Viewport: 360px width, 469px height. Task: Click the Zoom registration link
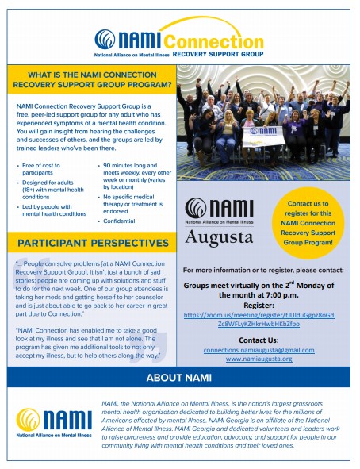(x=265, y=320)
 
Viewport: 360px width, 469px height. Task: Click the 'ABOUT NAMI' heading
(x=179, y=376)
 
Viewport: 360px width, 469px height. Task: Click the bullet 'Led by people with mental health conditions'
(x=52, y=210)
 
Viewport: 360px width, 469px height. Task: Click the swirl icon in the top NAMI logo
(x=104, y=39)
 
